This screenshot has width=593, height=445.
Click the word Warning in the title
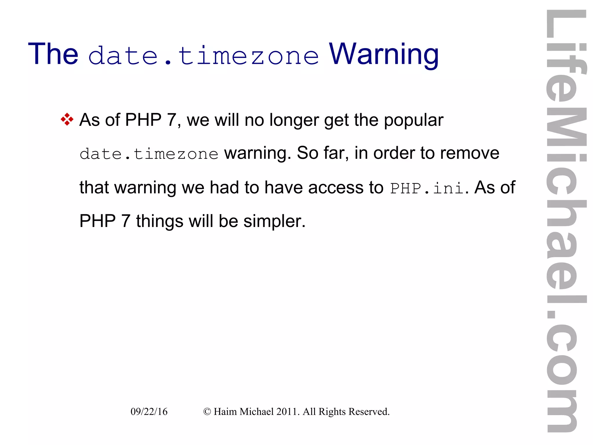click(384, 54)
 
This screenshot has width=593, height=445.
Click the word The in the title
click(53, 54)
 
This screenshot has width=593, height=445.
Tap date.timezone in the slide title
click(204, 56)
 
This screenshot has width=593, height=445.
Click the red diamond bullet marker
click(67, 119)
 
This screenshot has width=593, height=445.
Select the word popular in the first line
click(413, 120)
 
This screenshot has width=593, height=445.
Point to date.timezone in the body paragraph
click(149, 154)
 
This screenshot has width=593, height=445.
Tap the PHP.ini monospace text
click(427, 188)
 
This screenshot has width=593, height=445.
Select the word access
click(336, 188)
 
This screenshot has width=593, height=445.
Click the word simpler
click(274, 221)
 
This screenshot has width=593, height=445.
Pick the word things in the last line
click(160, 221)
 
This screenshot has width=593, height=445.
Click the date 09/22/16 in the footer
click(149, 412)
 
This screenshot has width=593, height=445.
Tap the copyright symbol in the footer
click(207, 412)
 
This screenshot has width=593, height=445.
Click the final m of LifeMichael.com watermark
click(562, 410)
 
